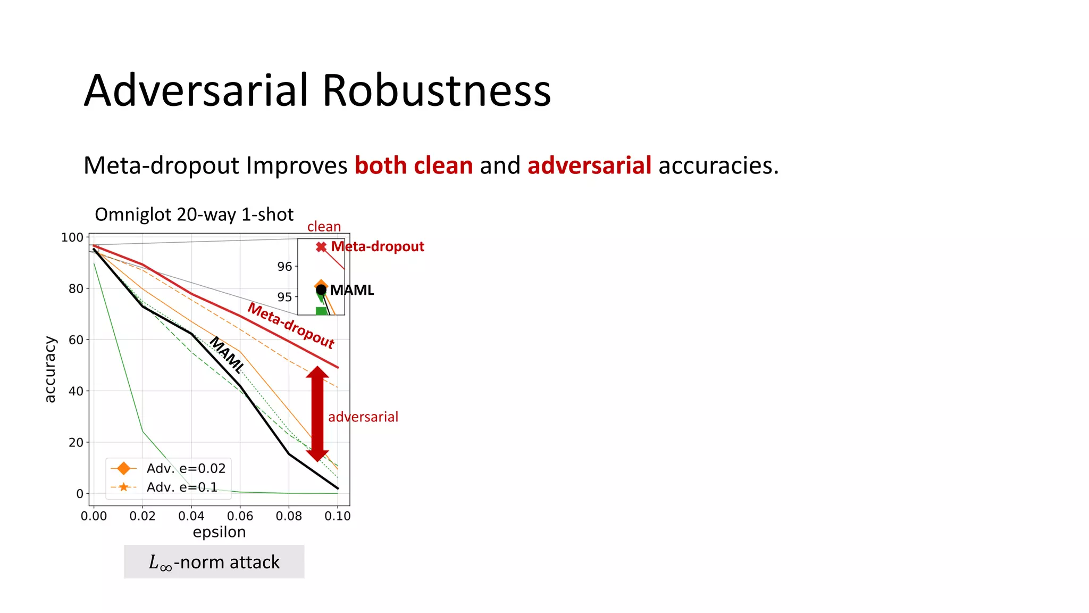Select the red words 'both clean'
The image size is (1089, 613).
(414, 165)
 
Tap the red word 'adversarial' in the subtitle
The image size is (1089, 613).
(589, 165)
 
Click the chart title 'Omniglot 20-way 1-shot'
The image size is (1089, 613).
(194, 214)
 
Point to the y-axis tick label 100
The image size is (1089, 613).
(72, 237)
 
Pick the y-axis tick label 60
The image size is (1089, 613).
(76, 340)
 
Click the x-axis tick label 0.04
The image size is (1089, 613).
(191, 516)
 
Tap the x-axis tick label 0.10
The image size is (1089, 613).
(338, 516)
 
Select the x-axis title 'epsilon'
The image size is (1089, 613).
(219, 532)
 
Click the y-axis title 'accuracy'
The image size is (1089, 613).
(49, 369)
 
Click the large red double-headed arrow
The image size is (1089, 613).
(317, 413)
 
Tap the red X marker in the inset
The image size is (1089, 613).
(321, 247)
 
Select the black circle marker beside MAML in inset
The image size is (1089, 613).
(321, 290)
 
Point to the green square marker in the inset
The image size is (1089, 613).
(321, 311)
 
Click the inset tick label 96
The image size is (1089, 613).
(284, 267)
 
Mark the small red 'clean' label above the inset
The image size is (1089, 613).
(324, 227)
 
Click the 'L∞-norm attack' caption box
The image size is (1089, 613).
(214, 562)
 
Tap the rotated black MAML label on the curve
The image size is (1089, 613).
(227, 355)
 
